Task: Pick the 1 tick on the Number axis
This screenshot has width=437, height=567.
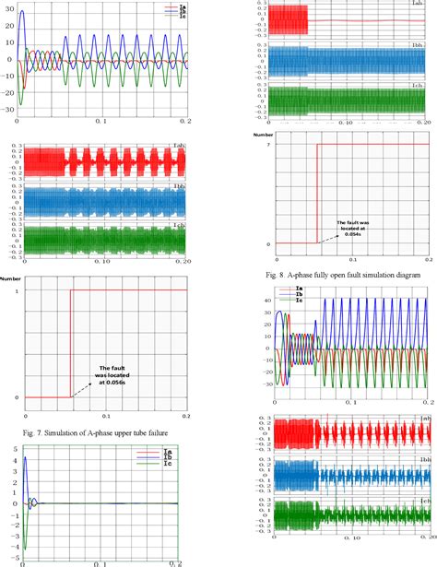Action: point(17,290)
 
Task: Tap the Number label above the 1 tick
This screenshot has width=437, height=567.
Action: point(12,277)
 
